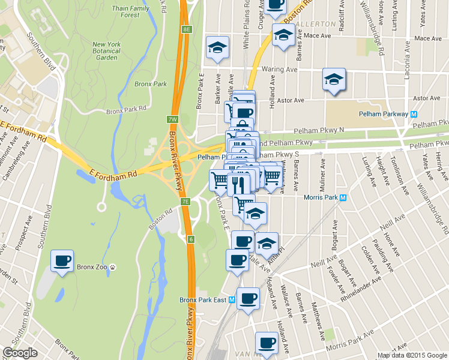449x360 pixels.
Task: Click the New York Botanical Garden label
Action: pos(107,50)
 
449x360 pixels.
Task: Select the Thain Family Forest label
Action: pos(130,12)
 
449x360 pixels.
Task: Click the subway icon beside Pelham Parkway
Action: pos(414,114)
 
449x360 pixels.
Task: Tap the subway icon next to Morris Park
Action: pos(343,197)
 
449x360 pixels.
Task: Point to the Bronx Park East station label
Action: pos(205,299)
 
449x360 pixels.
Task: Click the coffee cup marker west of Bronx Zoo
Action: pos(62,262)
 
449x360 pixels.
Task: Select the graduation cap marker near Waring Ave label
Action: pos(334,79)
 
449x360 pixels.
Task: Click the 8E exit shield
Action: pos(187,29)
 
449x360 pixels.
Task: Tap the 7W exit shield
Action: pos(172,119)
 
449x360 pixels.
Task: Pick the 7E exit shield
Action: pos(186,202)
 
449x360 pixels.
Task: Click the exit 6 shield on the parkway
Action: pos(190,239)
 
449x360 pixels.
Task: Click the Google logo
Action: pos(20,353)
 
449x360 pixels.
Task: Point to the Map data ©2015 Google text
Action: pos(412,355)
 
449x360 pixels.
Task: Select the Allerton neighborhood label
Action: pos(316,23)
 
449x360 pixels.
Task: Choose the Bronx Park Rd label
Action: pos(126,110)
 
